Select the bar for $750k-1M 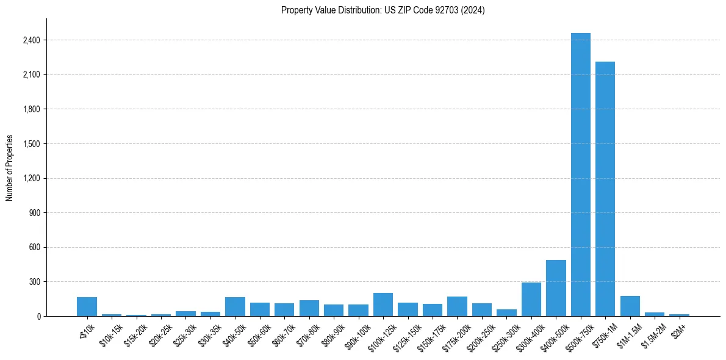605,189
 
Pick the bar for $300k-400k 531,300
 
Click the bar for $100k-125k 383,304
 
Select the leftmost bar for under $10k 87,307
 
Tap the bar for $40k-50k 235,307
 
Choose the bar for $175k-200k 457,306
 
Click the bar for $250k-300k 506,313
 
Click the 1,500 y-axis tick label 31,144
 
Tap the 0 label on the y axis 38,317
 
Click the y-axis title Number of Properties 10,167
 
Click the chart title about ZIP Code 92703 383,10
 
